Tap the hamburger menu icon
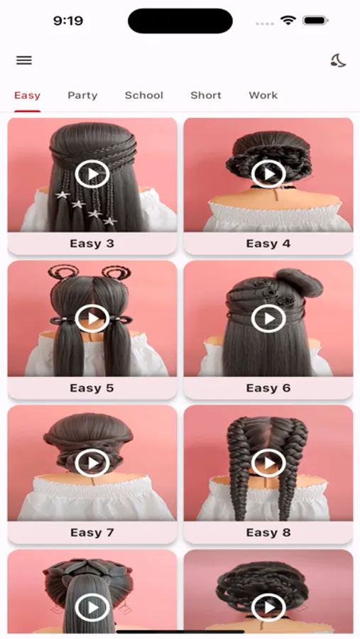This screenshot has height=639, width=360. (x=24, y=60)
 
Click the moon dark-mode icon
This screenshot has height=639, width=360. (x=338, y=61)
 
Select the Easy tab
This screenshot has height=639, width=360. (x=27, y=95)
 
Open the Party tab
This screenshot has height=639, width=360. (x=82, y=95)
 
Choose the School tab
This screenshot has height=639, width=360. (x=144, y=95)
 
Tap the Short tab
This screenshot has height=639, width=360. (x=206, y=95)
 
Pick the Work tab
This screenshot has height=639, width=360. (x=263, y=95)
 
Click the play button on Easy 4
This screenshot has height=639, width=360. (x=268, y=174)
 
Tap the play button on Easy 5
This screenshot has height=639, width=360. (x=92, y=318)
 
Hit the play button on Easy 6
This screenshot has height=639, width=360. (x=268, y=318)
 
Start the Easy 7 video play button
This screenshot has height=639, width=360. (x=92, y=462)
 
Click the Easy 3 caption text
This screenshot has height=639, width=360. (x=92, y=244)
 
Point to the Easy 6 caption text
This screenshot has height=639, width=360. (x=268, y=388)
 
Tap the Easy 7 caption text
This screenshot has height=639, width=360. (x=92, y=532)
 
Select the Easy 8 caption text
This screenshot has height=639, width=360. (x=268, y=532)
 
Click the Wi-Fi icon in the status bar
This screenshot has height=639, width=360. (x=288, y=20)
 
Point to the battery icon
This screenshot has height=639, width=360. (x=316, y=20)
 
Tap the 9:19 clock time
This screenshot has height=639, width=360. (x=68, y=21)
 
